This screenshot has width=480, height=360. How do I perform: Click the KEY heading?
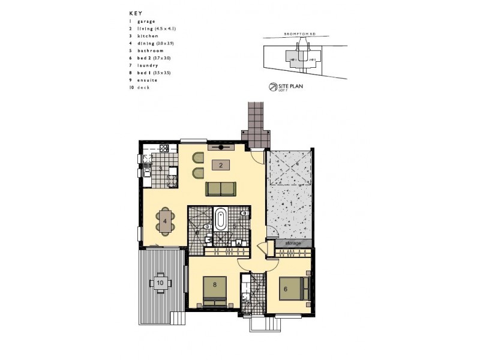coord(134,13)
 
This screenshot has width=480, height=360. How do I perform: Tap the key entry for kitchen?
coord(148,36)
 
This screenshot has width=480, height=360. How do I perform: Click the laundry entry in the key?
coord(148,65)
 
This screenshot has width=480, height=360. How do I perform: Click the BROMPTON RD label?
coord(299,35)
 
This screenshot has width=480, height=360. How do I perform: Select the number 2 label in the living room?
coord(221,165)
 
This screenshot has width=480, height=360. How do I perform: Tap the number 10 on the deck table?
coord(160,281)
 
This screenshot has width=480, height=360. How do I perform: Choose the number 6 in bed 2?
coord(285,288)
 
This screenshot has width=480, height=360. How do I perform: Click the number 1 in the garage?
coord(292,204)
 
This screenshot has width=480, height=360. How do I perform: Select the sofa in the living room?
coord(221,189)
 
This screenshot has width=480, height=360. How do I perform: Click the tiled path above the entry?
coord(256,120)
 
